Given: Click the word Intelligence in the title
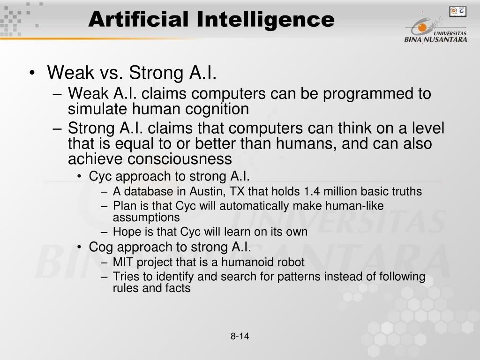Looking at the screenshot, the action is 265,20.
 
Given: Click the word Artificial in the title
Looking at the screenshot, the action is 138,19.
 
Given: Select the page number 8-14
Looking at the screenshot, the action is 240,336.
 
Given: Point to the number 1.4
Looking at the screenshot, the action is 312,191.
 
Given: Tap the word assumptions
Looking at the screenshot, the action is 146,217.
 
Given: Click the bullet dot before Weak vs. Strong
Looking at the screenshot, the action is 32,73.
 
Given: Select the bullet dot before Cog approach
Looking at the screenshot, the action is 80,247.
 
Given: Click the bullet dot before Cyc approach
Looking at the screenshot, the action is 80,176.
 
